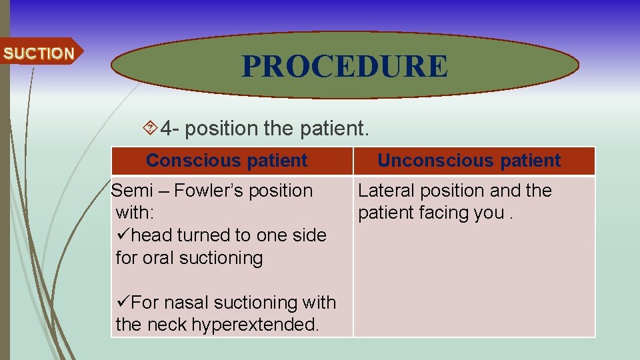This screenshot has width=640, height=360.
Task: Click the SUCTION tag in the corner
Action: [39, 53]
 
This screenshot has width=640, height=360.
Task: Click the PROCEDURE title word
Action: [345, 66]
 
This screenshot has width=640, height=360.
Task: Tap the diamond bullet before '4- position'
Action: [150, 126]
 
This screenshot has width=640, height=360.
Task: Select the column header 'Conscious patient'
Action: [227, 161]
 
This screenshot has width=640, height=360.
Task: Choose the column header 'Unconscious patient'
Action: [469, 161]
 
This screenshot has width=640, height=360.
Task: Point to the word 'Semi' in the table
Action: [131, 191]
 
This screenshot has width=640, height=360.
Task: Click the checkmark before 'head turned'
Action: [123, 235]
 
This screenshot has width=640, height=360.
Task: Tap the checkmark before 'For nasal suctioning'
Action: [123, 303]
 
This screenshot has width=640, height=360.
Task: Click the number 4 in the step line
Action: [167, 127]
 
